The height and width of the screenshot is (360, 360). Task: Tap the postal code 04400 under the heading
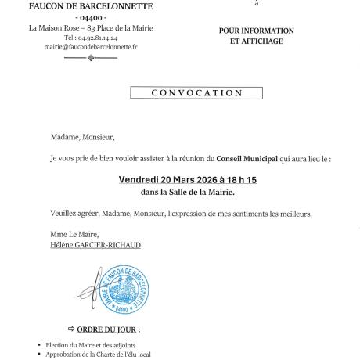[x=91, y=17]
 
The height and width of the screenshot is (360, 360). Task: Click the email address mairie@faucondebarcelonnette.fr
[x=91, y=47]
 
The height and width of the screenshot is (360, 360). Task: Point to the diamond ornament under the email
[x=91, y=58]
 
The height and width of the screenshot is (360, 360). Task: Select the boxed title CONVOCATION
[x=185, y=93]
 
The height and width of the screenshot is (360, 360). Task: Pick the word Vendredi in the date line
[x=141, y=179]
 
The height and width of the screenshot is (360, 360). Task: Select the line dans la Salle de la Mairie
[x=187, y=192]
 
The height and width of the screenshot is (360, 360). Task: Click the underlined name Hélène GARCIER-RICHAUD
[x=95, y=245]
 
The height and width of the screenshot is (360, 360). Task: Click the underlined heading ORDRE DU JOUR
[x=109, y=329]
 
